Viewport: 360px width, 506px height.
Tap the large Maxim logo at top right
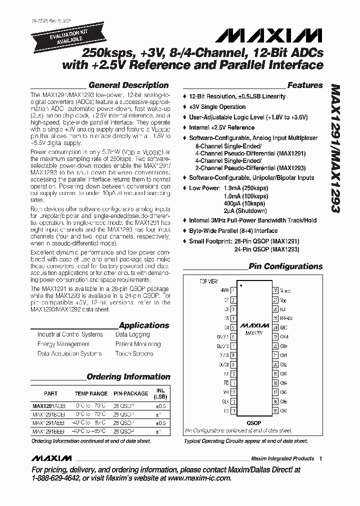[266, 35]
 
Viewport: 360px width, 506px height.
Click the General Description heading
[128, 85]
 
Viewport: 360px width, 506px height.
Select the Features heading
[305, 85]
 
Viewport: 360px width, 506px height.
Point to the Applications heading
[144, 325]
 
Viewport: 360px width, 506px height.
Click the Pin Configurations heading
[285, 266]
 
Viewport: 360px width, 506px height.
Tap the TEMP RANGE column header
[91, 393]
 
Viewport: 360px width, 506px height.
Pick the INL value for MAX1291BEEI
[158, 430]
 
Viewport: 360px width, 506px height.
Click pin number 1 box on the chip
[233, 290]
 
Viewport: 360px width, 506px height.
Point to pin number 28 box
[274, 290]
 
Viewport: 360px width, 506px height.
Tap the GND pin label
[284, 327]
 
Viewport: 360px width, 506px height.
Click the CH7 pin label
[284, 411]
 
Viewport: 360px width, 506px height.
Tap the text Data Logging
[132, 334]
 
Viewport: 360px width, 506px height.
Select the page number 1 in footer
[320, 458]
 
